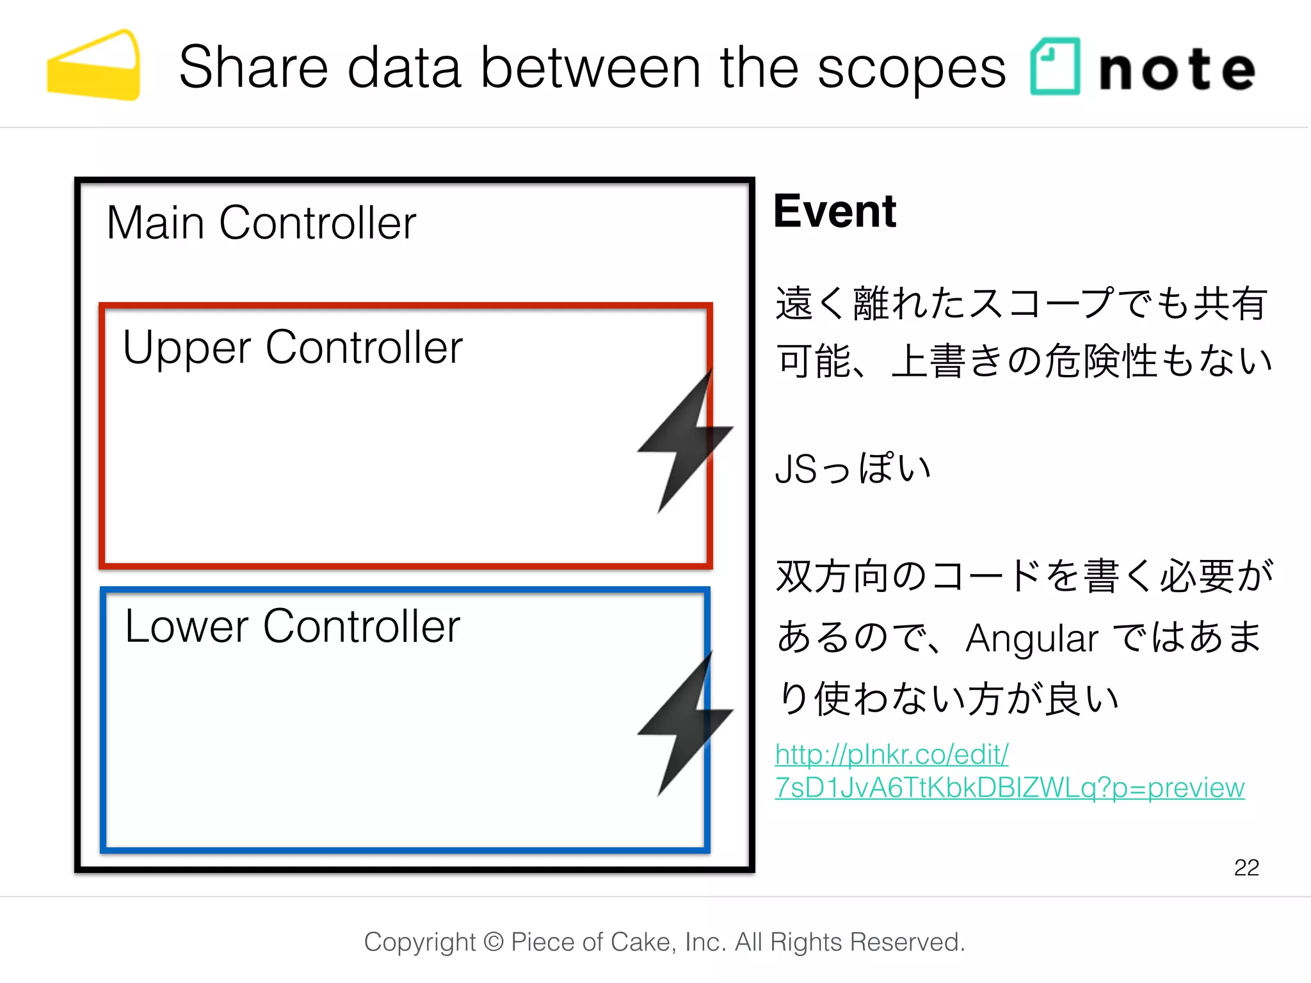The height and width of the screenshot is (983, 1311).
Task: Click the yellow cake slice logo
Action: [x=94, y=67]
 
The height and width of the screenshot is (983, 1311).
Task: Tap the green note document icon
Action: [x=1054, y=67]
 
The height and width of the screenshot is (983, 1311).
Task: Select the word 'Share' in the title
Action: [x=253, y=68]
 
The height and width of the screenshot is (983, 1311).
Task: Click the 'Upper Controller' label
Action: [x=292, y=348]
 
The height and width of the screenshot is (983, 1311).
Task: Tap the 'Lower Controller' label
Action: [x=292, y=626]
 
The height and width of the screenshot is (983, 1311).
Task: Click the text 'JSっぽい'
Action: [x=852, y=468]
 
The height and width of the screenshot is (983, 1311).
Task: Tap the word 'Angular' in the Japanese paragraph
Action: [x=1031, y=639]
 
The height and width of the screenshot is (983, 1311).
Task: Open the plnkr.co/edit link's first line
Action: [x=891, y=755]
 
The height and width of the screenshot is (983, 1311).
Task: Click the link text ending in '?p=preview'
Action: [x=1009, y=788]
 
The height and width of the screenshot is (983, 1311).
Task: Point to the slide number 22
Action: [x=1246, y=867]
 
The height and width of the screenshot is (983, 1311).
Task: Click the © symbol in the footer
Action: [x=493, y=942]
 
